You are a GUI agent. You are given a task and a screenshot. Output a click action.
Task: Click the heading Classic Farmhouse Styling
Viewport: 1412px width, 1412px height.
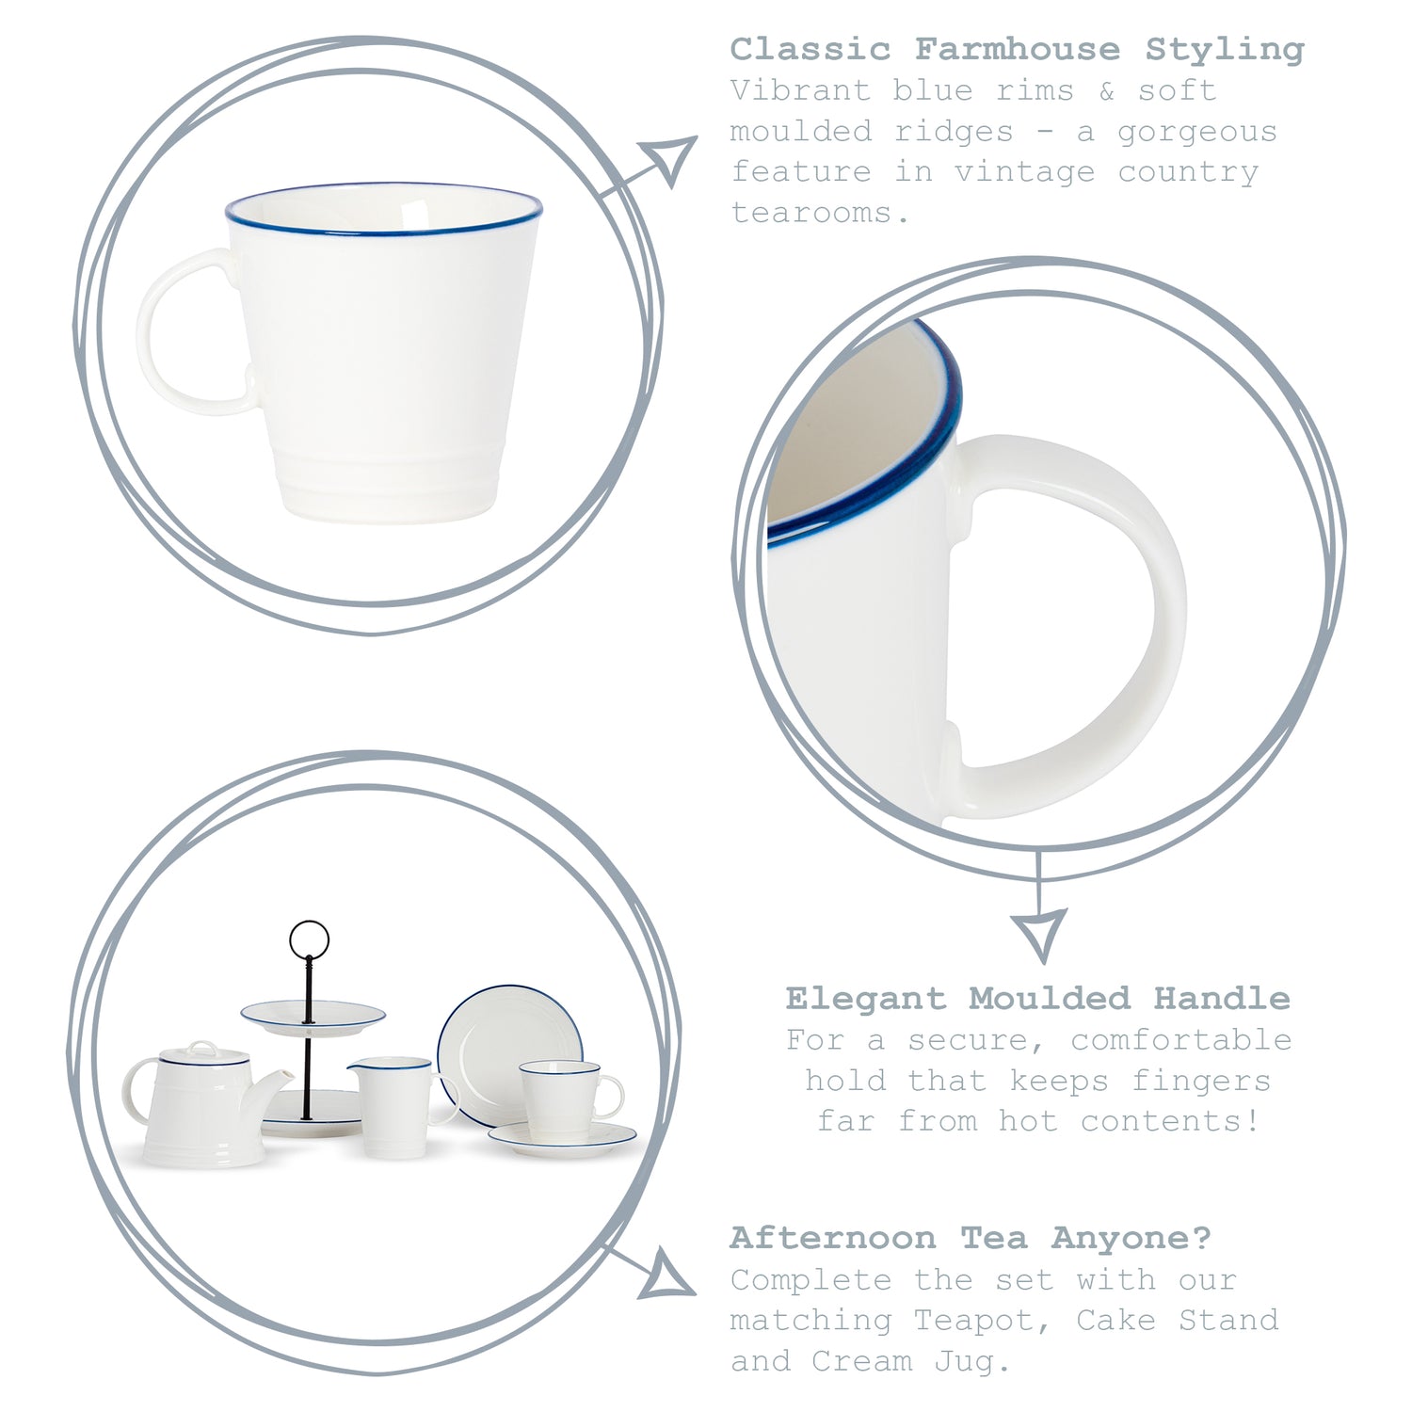(x=1017, y=49)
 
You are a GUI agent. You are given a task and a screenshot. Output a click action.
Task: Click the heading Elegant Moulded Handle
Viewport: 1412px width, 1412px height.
(x=1037, y=998)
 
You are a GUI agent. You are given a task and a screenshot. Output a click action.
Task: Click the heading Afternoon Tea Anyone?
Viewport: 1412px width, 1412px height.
(x=971, y=1238)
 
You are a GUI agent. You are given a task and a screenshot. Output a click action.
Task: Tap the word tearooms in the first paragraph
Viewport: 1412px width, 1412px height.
(x=820, y=213)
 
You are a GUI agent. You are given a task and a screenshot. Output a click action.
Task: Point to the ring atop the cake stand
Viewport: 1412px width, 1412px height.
(x=309, y=939)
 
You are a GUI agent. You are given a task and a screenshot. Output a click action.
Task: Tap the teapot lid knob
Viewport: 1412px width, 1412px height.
(x=201, y=1047)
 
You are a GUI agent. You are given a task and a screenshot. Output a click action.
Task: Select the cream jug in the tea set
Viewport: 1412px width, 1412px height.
(x=395, y=1106)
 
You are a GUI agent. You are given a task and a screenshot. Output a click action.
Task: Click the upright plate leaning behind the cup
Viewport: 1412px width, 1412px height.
(x=509, y=1044)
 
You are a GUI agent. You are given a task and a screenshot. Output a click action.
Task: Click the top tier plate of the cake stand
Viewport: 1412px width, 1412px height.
(x=313, y=1017)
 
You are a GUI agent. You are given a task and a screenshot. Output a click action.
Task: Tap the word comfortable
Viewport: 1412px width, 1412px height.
(x=1180, y=1040)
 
